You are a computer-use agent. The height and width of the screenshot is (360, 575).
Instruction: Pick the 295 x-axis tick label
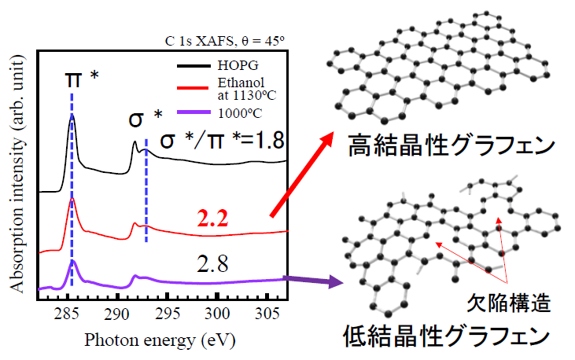click(167, 318)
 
